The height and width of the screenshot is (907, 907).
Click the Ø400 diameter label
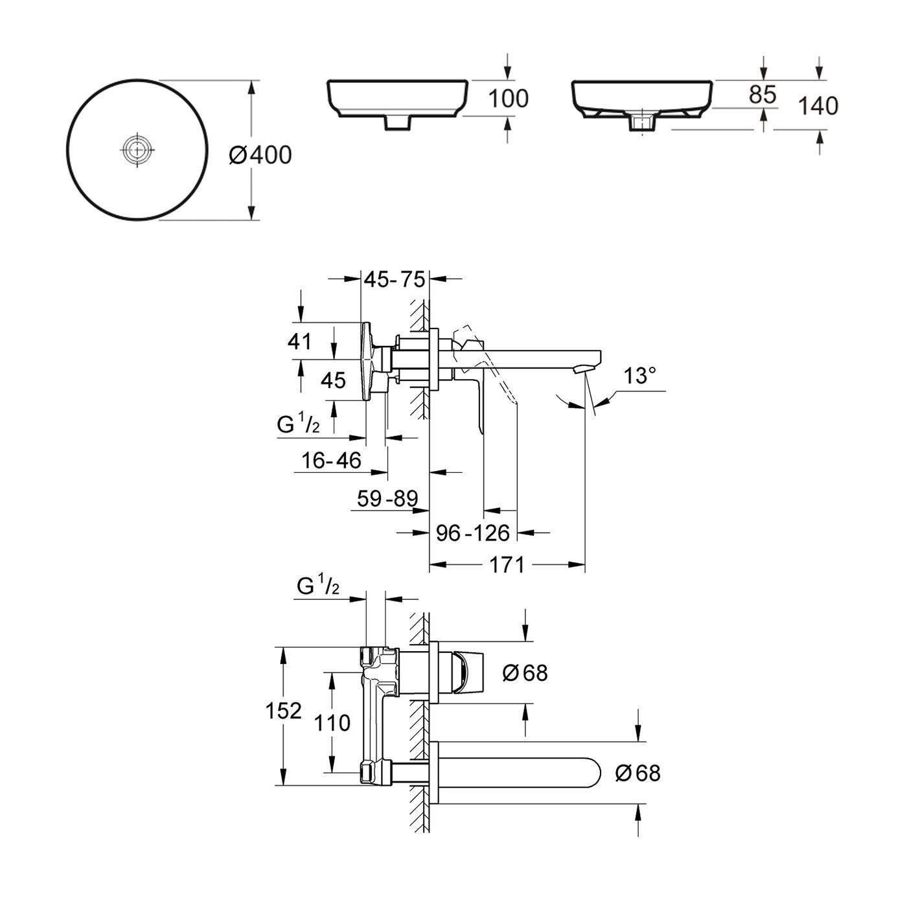260,155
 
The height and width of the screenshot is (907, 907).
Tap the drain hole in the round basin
137,150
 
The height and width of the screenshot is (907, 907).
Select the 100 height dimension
509,99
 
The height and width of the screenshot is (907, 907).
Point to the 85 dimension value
763,95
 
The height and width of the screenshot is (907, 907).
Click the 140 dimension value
818,106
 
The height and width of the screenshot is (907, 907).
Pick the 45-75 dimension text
395,280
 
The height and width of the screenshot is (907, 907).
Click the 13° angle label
639,376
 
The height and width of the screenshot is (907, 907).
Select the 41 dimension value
300,341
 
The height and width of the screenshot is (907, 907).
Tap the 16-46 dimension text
331,461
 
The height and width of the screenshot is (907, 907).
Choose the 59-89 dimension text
387,498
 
